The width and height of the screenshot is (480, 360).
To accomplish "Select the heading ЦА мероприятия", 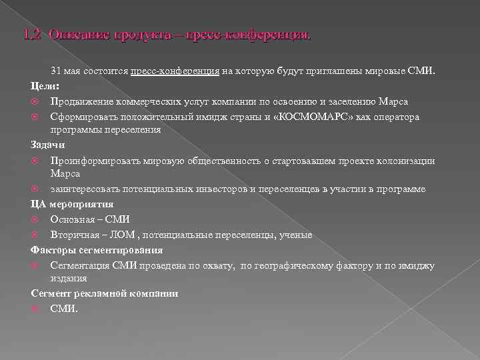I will [x=72, y=204].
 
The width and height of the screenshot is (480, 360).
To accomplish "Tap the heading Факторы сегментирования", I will [x=97, y=250].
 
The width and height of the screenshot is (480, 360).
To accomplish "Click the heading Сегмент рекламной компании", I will [x=105, y=293].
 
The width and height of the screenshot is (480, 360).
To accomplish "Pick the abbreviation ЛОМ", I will [x=120, y=235].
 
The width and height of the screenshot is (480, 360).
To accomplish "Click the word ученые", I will [x=297, y=235].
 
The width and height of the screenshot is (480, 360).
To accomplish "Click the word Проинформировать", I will [x=91, y=161].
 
